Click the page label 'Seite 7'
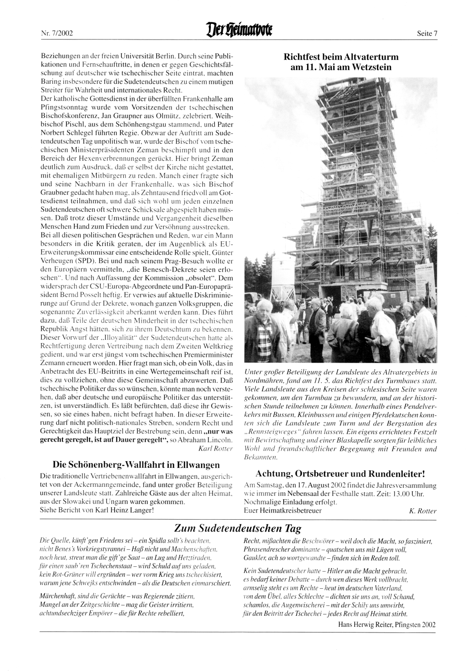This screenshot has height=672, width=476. click(426, 33)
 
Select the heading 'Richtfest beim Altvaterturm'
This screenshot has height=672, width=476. click(341, 57)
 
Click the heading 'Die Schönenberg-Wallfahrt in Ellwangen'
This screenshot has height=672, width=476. click(136, 464)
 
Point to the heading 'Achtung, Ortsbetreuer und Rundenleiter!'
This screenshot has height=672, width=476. click(340, 474)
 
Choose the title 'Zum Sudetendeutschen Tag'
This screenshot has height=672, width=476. click(238, 528)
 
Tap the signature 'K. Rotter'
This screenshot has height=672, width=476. click(423, 511)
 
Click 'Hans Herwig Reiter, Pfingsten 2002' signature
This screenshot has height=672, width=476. click(387, 625)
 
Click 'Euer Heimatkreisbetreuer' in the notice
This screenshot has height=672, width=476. click(282, 511)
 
